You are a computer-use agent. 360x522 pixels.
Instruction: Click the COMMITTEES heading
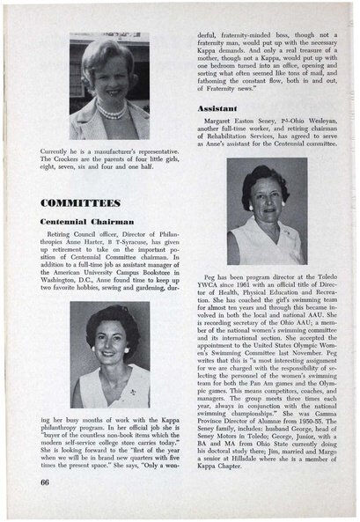80,202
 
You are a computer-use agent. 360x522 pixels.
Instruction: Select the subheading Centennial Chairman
85,220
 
